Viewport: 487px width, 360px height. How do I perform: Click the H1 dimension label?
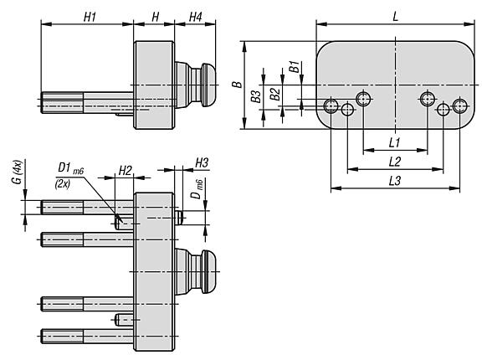point(90,18)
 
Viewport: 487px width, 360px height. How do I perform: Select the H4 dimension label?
point(196,18)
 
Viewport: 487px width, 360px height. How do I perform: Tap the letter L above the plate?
point(395,17)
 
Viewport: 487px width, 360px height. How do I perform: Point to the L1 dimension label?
point(394,142)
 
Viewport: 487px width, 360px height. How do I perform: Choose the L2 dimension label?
point(395,162)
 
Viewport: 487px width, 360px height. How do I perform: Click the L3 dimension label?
point(395,181)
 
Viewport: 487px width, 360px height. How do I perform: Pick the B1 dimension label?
point(295,67)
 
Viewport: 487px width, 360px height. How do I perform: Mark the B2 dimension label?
point(274,94)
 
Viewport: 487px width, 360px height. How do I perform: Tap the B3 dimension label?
point(256,96)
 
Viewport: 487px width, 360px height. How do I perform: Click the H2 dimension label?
point(126,170)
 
